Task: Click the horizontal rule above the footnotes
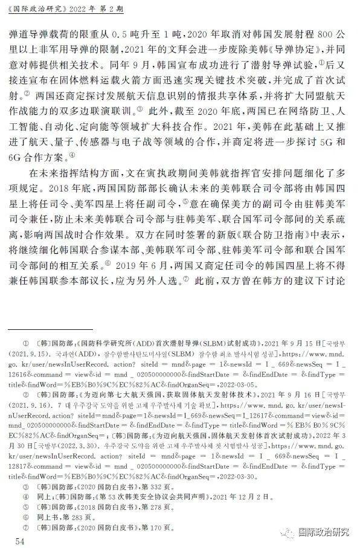pyautogui.click(x=59, y=328)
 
